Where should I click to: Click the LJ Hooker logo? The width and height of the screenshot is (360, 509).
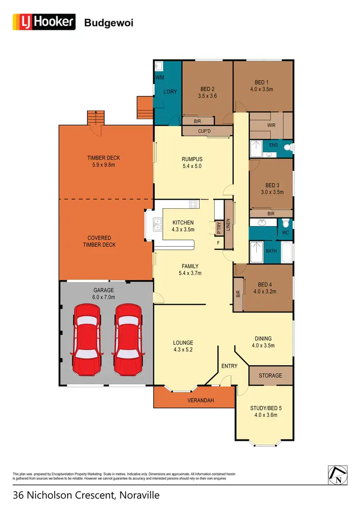coord(44,22)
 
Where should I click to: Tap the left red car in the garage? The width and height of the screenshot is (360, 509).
coord(87,342)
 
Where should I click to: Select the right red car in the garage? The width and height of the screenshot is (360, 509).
coord(128,342)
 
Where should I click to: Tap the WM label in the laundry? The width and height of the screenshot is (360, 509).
coord(159,77)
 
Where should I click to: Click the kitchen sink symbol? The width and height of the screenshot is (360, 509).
coord(157,223)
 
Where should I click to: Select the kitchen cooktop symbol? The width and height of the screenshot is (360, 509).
coord(194,204)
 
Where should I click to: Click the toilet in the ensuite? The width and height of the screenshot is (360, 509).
coord(288,148)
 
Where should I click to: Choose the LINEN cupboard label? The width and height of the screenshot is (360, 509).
coord(228,224)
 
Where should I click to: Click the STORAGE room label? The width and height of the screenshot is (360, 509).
coord(270,375)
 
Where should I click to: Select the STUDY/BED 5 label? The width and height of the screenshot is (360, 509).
coord(264,409)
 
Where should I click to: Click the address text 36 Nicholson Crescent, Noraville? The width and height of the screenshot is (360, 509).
coord(86,495)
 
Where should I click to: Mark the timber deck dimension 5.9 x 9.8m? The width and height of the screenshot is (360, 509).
coord(103,165)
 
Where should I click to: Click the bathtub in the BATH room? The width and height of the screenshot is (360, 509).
coord(287,252)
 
